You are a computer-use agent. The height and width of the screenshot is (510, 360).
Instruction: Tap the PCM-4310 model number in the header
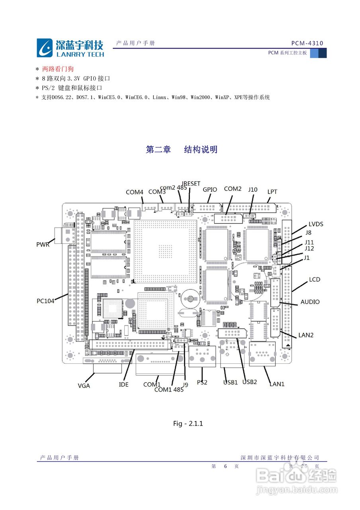307,43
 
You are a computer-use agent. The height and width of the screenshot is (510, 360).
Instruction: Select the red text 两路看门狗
58,69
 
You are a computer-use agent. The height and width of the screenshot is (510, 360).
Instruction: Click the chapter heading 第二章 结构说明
182,149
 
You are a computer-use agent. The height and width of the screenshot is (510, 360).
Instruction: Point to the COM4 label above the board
134,192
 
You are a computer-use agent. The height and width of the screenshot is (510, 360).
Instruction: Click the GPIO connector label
210,190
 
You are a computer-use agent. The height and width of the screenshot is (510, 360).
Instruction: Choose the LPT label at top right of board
272,192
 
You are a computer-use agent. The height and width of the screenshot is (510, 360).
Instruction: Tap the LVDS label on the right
316,224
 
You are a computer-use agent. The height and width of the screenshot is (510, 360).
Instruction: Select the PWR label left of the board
43,244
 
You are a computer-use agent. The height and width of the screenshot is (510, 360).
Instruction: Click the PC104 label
45,301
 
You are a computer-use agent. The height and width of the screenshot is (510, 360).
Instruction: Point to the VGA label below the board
84,385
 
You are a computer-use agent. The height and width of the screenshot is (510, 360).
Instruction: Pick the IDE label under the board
124,384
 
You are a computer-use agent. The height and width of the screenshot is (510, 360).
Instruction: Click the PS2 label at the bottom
202,382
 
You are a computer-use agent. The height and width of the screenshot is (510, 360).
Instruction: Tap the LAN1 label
277,384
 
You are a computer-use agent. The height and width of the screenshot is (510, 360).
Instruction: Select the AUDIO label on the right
310,302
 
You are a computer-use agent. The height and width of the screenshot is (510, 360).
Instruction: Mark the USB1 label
230,382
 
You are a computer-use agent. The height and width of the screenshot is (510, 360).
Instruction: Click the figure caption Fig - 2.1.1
188,424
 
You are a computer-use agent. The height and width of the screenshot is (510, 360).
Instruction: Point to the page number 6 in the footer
225,466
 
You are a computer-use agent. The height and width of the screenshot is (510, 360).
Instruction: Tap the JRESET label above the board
191,184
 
